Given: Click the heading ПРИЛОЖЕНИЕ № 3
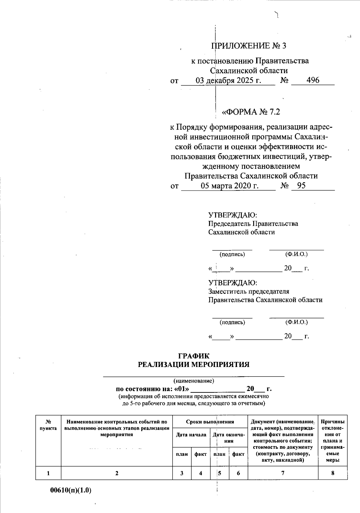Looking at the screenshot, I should click(x=249, y=46).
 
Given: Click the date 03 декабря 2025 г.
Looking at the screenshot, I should click(x=228, y=81).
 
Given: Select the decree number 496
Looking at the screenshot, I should click(x=313, y=80).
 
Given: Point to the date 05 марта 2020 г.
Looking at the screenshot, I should click(x=229, y=186).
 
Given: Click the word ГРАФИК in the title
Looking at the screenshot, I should click(x=194, y=356).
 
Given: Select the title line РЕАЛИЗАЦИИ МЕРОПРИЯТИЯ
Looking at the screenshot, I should click(x=194, y=365).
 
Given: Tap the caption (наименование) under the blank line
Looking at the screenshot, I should click(x=194, y=381).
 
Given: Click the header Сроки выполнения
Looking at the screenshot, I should click(x=210, y=422).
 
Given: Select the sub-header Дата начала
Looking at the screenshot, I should click(x=191, y=435).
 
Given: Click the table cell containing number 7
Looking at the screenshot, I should click(x=283, y=473).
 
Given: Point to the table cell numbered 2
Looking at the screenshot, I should click(x=117, y=473).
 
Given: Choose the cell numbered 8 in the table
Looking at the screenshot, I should click(x=333, y=473).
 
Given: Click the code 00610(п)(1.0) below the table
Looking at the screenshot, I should click(x=70, y=491).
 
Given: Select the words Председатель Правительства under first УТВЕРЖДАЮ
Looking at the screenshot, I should click(x=253, y=224).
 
